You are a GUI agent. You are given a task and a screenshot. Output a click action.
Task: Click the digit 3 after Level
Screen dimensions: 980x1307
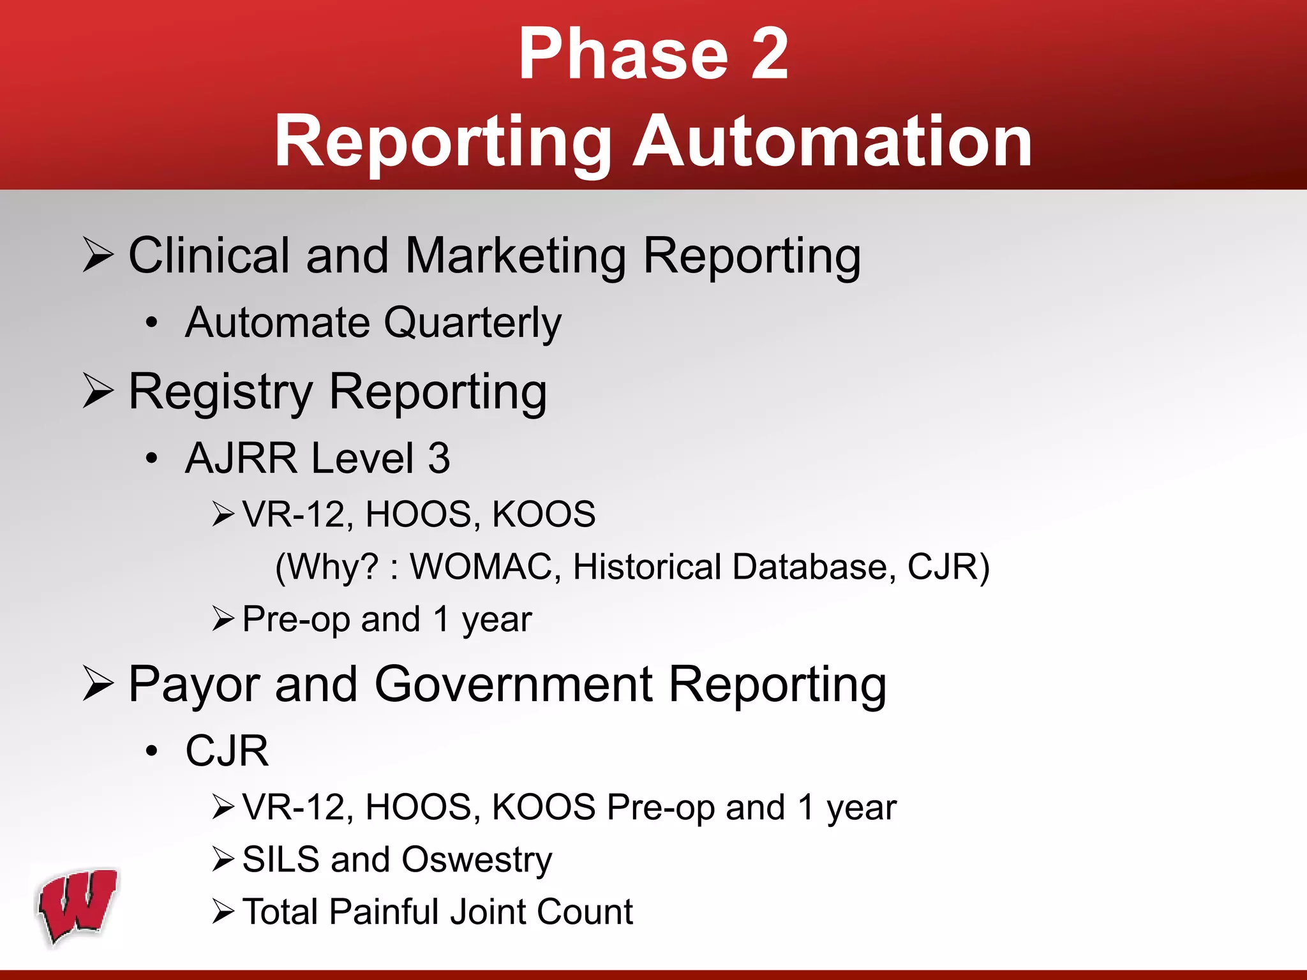point(438,459)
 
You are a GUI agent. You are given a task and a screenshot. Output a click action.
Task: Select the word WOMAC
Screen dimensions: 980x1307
point(481,567)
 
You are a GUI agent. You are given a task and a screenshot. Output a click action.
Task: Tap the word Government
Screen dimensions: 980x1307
point(513,685)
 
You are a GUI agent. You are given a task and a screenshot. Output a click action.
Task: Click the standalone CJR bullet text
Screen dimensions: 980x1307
point(227,751)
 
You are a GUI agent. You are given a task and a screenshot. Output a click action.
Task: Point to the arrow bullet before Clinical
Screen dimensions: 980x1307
point(98,255)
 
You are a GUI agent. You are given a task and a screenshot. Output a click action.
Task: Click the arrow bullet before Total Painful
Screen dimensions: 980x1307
point(223,912)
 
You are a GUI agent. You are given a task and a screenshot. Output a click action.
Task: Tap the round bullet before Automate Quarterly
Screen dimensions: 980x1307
point(151,323)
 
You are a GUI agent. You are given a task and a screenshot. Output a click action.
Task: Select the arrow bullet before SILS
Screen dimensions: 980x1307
point(223,859)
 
